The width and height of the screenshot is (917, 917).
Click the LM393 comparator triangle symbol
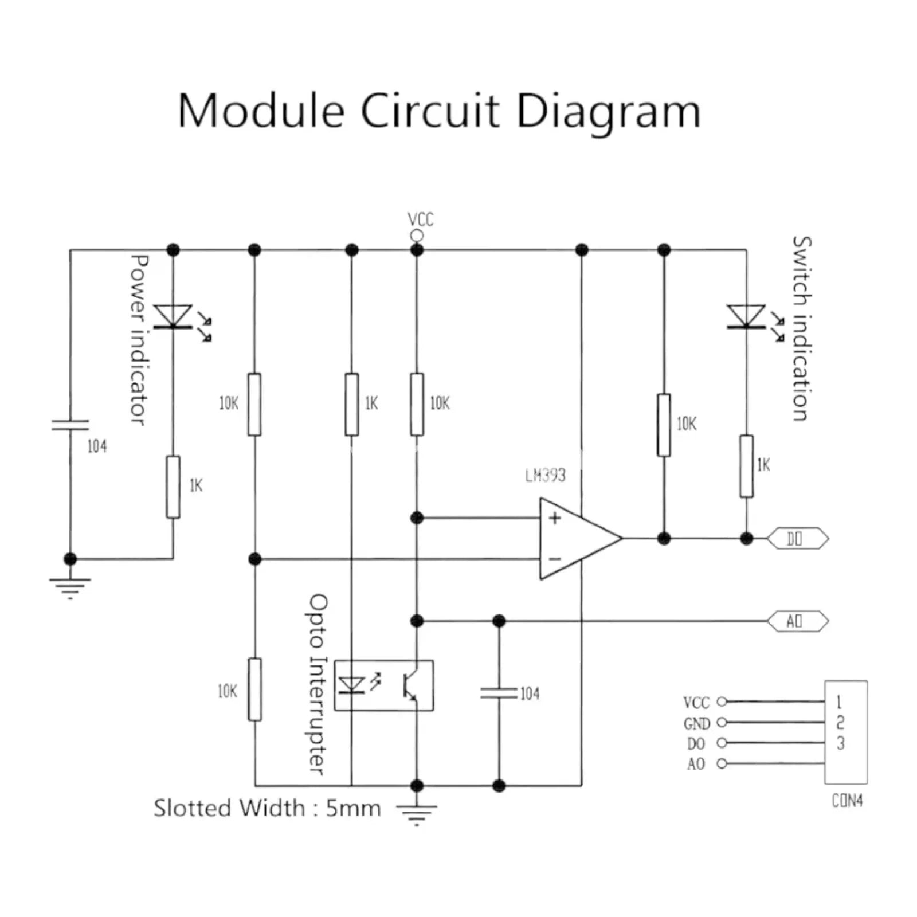click(576, 539)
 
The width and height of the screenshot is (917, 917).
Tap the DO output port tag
click(797, 539)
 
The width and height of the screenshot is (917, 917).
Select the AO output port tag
click(797, 621)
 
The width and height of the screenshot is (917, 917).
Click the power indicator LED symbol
click(174, 317)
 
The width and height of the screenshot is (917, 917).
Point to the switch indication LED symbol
click(746, 317)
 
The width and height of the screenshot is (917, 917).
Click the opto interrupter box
click(383, 685)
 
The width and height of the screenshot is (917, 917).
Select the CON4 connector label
click(847, 801)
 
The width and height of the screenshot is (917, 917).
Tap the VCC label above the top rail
click(420, 220)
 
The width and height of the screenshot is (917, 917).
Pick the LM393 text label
click(545, 475)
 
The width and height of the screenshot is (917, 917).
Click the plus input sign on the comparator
click(555, 518)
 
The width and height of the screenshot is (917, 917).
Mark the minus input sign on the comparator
click(555, 559)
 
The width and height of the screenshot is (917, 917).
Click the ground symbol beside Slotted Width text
click(417, 813)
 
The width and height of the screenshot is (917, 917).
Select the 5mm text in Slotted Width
click(353, 808)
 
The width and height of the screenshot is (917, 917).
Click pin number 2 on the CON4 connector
click(840, 722)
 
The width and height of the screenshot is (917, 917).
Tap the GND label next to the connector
click(696, 724)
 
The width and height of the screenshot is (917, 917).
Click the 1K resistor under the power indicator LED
click(173, 487)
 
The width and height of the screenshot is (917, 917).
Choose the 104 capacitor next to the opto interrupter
click(499, 693)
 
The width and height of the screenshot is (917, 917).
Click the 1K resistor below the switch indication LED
click(746, 466)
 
